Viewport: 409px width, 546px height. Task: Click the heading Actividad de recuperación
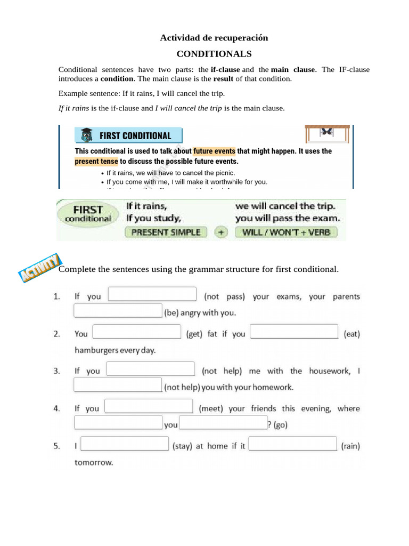214,37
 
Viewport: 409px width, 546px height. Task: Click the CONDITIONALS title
214,54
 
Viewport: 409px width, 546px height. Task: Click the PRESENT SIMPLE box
166,232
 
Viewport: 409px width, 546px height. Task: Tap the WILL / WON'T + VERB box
286,232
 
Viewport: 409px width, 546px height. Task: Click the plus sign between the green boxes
221,232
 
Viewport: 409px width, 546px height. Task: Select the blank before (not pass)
152,294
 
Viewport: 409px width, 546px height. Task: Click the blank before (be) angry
118,311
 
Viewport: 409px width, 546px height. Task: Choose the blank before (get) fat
137,332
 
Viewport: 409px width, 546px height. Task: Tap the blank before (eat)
294,332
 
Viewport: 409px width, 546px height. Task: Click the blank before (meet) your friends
149,406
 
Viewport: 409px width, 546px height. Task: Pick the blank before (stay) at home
125,444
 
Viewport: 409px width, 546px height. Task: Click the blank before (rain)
293,444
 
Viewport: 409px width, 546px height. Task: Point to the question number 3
56,371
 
